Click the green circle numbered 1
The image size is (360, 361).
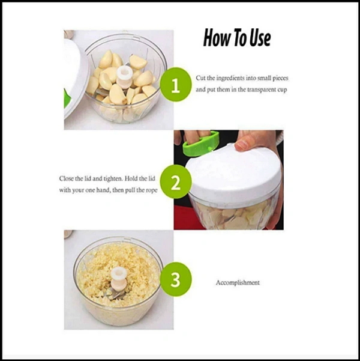pos(176,84)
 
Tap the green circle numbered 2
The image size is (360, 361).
pos(176,181)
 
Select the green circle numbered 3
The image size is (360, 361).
pos(176,279)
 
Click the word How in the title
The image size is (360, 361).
pos(217,38)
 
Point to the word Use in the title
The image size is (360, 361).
pos(260,38)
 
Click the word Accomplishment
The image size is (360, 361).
pos(238,283)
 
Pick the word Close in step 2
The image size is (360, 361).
pos(66,178)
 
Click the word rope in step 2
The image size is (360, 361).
pos(152,190)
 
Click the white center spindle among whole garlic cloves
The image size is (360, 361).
pos(124,77)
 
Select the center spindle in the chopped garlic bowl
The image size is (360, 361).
pos(119,279)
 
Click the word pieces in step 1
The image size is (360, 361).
pos(280,79)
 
